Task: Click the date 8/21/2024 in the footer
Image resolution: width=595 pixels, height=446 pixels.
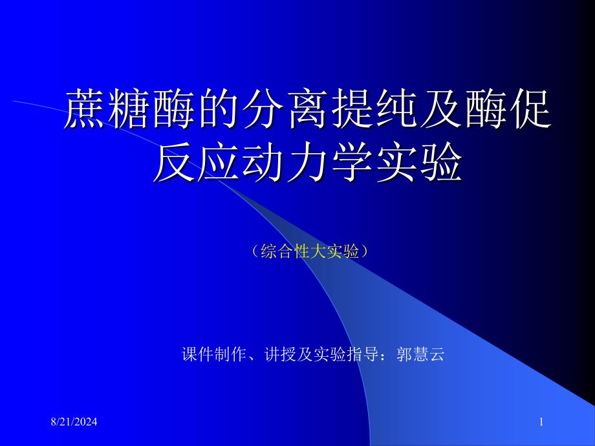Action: [x=74, y=421]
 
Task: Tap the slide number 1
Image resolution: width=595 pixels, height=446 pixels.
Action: [x=541, y=421]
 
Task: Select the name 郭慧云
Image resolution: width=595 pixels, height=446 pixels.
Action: [x=420, y=354]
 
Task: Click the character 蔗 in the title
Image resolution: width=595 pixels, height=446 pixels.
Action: [x=84, y=109]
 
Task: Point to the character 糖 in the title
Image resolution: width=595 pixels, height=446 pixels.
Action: [x=129, y=109]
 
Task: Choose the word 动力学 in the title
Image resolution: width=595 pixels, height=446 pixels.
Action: [x=308, y=163]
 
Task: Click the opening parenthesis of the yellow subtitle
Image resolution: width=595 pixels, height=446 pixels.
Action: [x=255, y=251]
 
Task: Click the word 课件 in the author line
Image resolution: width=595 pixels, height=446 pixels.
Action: [x=198, y=354]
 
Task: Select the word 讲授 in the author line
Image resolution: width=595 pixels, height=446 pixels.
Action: [x=281, y=354]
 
